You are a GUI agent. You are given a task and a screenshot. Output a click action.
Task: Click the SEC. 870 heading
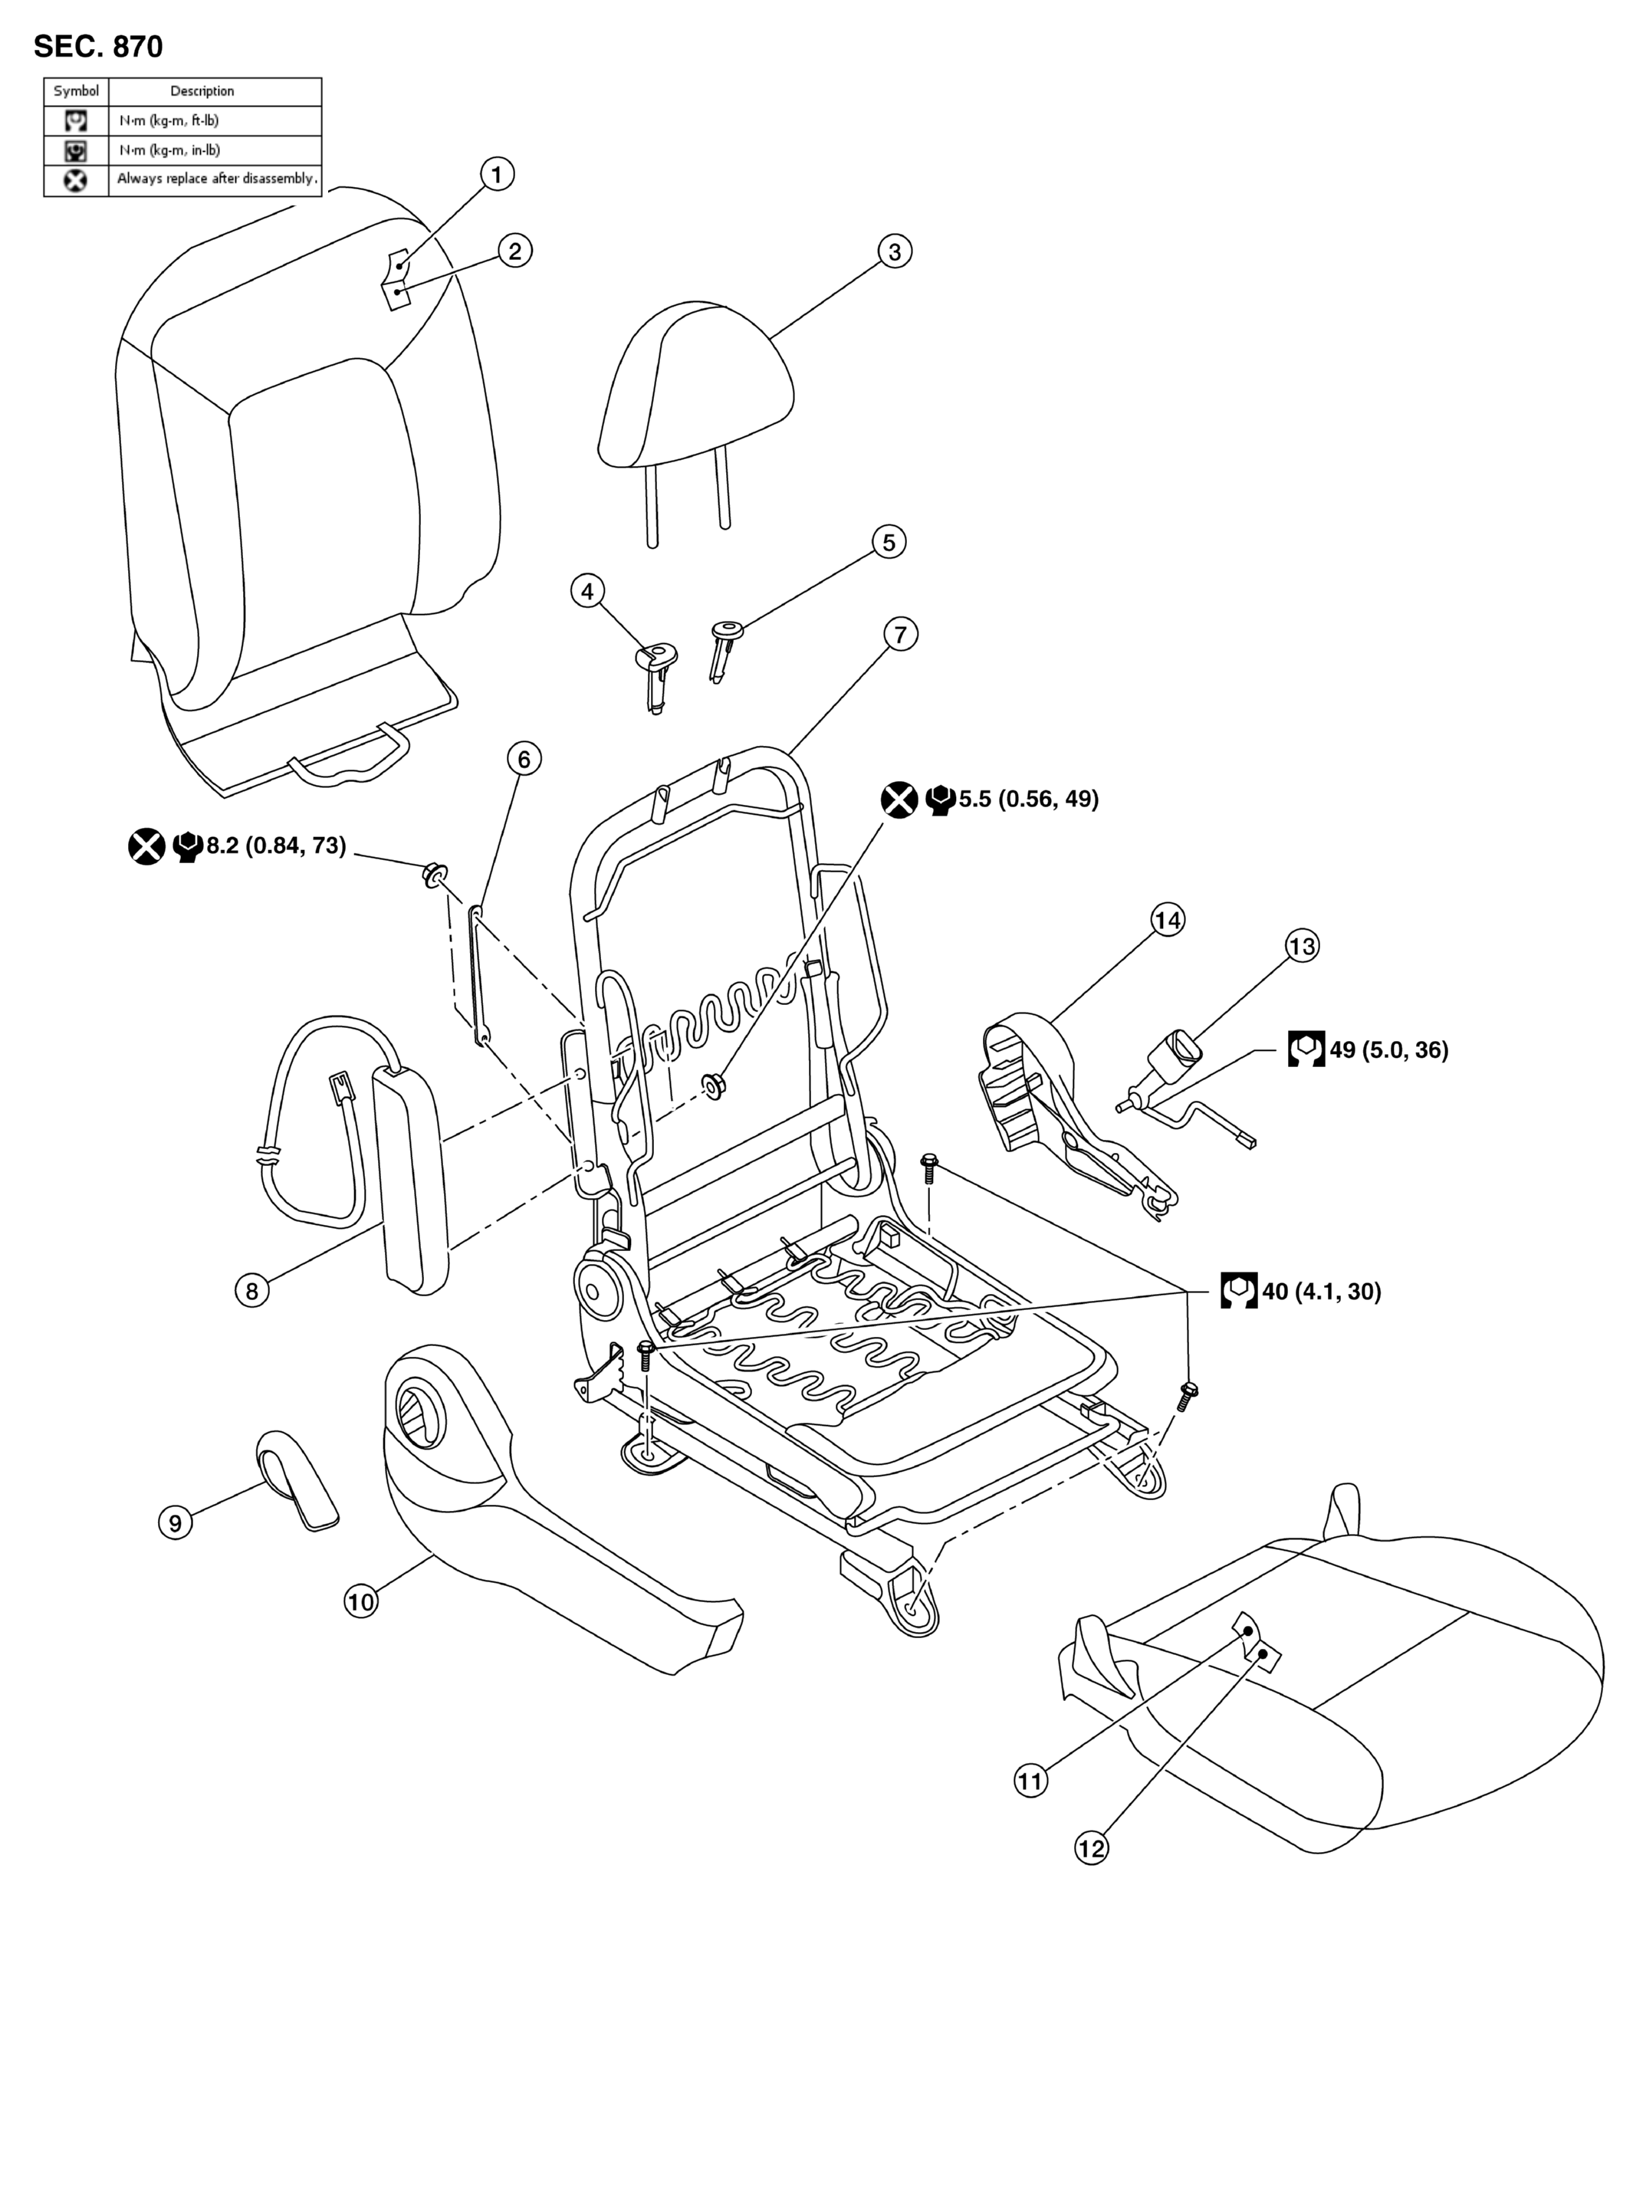click(x=98, y=47)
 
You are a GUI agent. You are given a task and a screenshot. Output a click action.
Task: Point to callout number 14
click(x=1168, y=920)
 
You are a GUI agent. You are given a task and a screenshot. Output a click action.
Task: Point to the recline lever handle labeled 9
click(x=297, y=1478)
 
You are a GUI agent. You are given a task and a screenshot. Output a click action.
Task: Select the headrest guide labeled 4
click(x=655, y=676)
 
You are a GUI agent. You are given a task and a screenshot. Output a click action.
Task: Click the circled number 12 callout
click(x=1091, y=1847)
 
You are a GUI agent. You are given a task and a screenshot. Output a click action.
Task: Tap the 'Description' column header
click(x=202, y=91)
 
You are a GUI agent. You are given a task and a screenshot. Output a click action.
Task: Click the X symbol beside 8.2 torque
click(x=147, y=847)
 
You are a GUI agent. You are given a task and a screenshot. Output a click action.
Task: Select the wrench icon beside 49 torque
click(x=1306, y=1049)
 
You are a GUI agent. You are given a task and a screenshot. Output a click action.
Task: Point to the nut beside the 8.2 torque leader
click(x=434, y=875)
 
